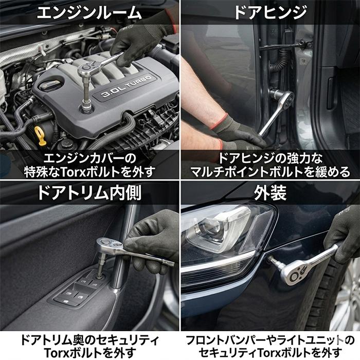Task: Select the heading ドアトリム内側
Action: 88,192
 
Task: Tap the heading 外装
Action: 269,192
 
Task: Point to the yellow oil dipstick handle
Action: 41,135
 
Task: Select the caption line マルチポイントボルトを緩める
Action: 270,171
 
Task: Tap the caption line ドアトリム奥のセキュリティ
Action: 89,340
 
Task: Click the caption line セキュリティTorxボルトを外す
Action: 270,353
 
